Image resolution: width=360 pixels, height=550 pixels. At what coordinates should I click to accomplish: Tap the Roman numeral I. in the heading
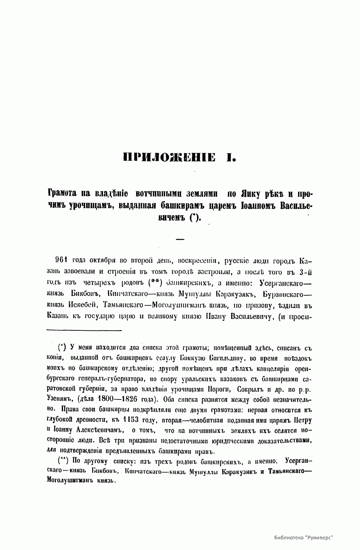[230, 157]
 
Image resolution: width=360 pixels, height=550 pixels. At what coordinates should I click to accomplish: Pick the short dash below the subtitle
[180, 239]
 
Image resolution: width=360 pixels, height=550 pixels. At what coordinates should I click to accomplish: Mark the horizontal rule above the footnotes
[84, 330]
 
